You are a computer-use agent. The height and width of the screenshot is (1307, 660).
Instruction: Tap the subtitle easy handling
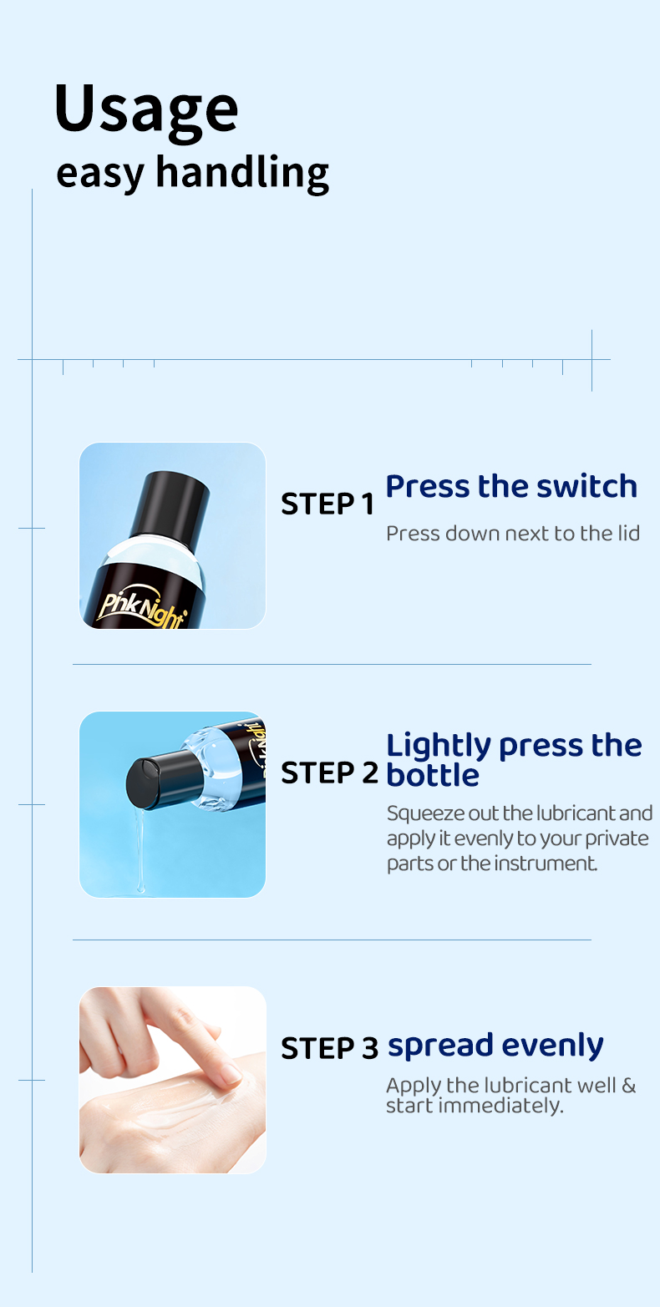pyautogui.click(x=192, y=173)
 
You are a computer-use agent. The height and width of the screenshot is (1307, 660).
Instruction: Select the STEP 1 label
pyautogui.click(x=327, y=504)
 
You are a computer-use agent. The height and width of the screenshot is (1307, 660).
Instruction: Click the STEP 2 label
pyautogui.click(x=329, y=773)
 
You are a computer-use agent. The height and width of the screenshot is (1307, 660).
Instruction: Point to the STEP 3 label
pyautogui.click(x=329, y=1048)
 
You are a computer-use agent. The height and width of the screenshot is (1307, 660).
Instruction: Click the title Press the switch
pyautogui.click(x=511, y=486)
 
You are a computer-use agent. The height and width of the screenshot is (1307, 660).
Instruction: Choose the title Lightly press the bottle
pyautogui.click(x=513, y=759)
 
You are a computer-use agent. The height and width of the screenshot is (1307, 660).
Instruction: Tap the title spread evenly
pyautogui.click(x=495, y=1045)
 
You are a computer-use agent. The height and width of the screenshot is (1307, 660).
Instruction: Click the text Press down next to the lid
pyautogui.click(x=512, y=533)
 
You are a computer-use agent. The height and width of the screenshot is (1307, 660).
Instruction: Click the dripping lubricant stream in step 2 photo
pyautogui.click(x=139, y=852)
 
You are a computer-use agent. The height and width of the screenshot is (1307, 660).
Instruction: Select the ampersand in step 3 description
pyautogui.click(x=628, y=1086)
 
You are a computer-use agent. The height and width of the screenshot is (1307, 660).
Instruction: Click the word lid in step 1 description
pyautogui.click(x=629, y=533)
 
